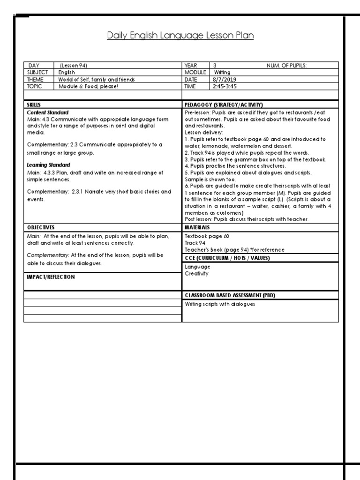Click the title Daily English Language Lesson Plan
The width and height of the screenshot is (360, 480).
pos(180,36)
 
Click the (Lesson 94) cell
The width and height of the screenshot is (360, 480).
pos(74,66)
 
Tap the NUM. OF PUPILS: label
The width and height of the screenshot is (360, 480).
pos(286,66)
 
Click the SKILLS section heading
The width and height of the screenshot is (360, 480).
pos(34,105)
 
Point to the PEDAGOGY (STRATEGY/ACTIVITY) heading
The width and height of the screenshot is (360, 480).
pos(224,105)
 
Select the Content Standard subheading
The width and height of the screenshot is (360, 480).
pos(48,112)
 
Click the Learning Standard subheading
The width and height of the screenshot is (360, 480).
pos(49,165)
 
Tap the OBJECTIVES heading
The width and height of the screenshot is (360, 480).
pos(41,227)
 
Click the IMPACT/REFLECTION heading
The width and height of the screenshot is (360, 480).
pos(51,277)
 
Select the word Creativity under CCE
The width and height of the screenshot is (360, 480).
pos(197,273)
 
